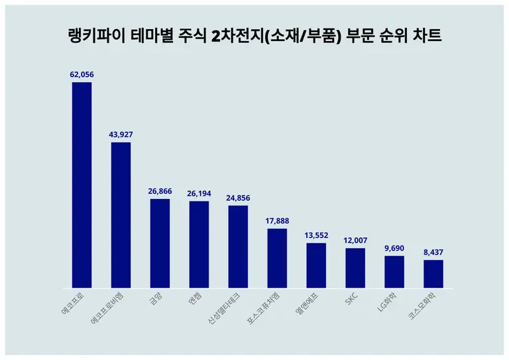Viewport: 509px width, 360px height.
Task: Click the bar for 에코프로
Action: pyautogui.click(x=82, y=185)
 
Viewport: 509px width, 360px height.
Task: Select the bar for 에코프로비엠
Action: pyautogui.click(x=121, y=215)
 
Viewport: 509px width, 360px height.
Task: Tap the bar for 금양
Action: pyautogui.click(x=160, y=243)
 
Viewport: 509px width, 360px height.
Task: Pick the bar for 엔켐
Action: pyautogui.click(x=199, y=245)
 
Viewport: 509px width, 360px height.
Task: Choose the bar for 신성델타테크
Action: pyautogui.click(x=238, y=247)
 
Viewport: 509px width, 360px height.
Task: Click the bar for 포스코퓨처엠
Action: pyautogui.click(x=277, y=259)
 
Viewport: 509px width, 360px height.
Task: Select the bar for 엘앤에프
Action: pyautogui.click(x=316, y=265)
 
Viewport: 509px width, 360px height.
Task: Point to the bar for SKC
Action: pyautogui.click(x=355, y=268)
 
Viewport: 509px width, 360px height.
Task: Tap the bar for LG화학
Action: pyautogui.click(x=394, y=272)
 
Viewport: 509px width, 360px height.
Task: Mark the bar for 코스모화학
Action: pyautogui.click(x=433, y=274)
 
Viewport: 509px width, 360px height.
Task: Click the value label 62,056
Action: pyautogui.click(x=82, y=75)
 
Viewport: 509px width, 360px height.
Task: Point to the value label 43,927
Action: pyautogui.click(x=121, y=135)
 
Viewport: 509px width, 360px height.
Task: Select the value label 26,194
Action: pyautogui.click(x=199, y=193)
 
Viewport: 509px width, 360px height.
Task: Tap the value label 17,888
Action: pyautogui.click(x=277, y=221)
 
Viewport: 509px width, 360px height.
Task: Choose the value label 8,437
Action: pyautogui.click(x=433, y=252)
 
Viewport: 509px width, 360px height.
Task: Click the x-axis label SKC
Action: pyautogui.click(x=351, y=300)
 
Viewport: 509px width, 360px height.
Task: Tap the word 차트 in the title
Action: pyautogui.click(x=426, y=36)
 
